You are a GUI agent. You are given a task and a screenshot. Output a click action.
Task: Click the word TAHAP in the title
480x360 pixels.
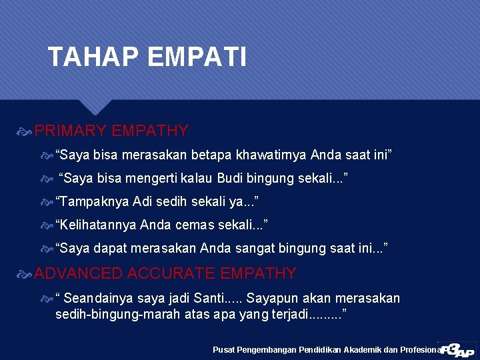93,57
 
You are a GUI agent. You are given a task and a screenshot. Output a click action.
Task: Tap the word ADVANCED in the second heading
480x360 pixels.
78,273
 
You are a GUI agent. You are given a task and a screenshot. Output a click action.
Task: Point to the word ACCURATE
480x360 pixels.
171,273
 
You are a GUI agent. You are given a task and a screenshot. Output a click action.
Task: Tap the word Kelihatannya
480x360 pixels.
96,225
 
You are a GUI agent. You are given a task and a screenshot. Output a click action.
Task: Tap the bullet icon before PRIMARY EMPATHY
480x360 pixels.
26,131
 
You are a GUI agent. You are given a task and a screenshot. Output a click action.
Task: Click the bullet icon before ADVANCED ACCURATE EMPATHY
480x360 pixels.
26,274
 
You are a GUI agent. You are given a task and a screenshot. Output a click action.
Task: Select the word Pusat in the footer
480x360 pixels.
225,349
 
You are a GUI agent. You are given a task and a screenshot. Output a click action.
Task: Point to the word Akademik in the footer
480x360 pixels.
363,349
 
